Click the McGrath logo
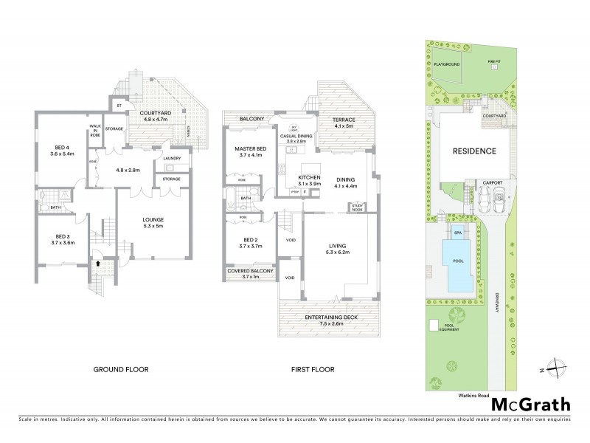[x=530, y=404]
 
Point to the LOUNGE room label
[x=153, y=219]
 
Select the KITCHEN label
[x=308, y=177]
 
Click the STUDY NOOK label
[x=358, y=206]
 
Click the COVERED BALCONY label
[x=251, y=272]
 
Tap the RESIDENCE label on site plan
[x=474, y=151]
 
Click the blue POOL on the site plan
[x=457, y=262]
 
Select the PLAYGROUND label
[x=447, y=65]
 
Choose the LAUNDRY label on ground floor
[x=172, y=158]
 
